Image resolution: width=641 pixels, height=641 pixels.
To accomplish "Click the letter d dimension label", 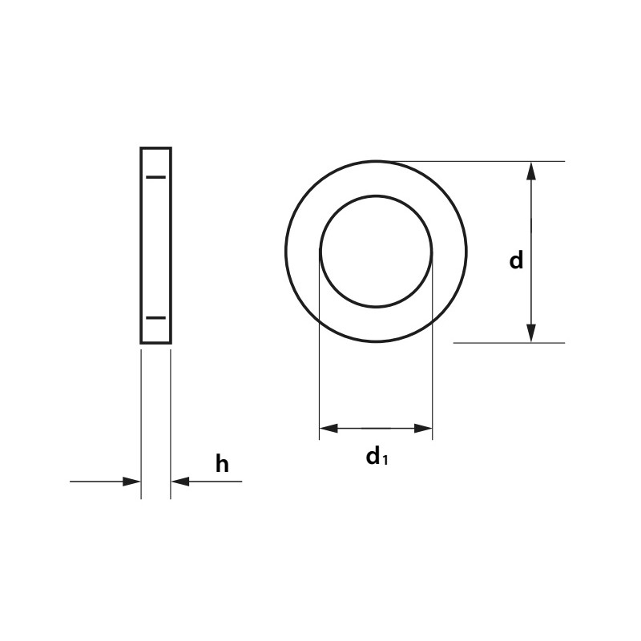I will tap(516, 260).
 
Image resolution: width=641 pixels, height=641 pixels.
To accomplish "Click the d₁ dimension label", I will tap(376, 457).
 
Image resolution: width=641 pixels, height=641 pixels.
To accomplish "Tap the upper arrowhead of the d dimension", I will tap(530, 171).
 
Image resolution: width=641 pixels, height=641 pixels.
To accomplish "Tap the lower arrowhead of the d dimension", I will tap(530, 333).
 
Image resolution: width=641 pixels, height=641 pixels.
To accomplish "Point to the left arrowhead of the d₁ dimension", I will tap(329, 429).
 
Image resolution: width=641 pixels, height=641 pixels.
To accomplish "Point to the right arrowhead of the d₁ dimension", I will tap(424, 429).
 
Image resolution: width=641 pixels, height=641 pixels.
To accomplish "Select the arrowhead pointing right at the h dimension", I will tap(131, 482).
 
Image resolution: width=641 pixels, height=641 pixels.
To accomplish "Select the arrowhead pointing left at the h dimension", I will tap(180, 482).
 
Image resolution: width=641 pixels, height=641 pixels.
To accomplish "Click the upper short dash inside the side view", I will tap(155, 176).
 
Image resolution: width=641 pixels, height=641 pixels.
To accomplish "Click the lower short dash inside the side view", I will tap(155, 317).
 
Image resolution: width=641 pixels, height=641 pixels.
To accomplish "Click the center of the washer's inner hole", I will tap(376, 251).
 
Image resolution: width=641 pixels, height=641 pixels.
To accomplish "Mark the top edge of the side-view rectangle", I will tap(155, 148).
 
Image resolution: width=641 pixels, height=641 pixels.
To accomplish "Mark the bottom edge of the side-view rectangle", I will tap(155, 343).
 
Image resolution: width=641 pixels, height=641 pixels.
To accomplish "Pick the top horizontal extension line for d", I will tap(497, 161).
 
